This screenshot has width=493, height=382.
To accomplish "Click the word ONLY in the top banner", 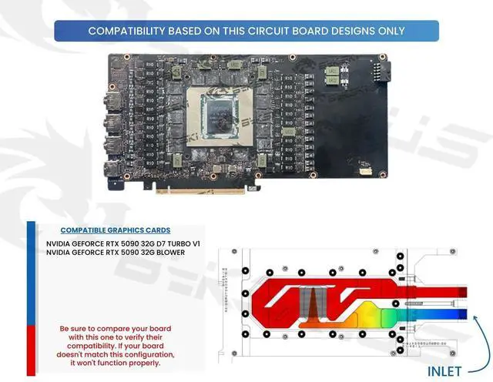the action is point(391,31).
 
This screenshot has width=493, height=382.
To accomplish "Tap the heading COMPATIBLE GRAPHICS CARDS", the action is point(115,230).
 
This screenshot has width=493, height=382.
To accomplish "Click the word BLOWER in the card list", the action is point(167,253).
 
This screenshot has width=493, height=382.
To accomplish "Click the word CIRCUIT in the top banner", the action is point(273,31).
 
